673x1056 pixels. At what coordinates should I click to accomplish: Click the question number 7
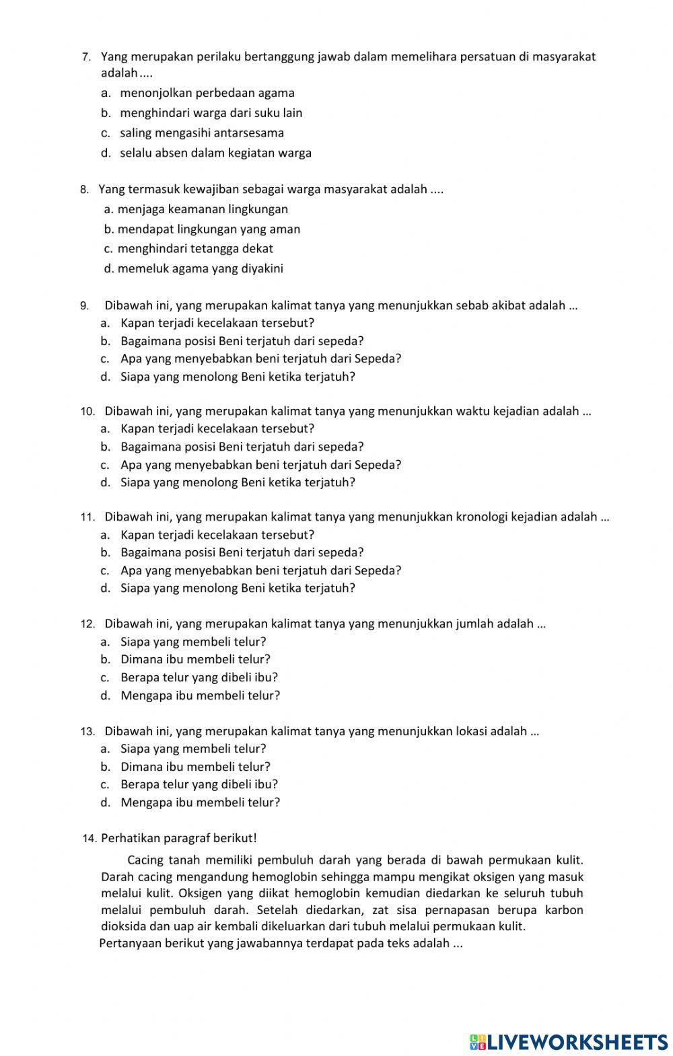pos(86,57)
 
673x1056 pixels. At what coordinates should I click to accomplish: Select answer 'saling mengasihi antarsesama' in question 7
pos(202,133)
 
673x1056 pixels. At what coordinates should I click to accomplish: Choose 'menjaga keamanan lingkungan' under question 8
pos(203,209)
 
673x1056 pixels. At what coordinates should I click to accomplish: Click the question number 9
pos(85,306)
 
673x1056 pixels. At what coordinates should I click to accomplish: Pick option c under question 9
pos(260,359)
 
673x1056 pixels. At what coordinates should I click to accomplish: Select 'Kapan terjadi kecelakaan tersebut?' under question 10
pos(217,428)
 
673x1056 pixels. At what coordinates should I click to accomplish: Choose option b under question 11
pos(242,553)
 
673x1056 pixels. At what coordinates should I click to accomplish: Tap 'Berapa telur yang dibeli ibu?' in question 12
pos(199,677)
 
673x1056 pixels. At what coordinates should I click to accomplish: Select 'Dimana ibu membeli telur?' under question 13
pos(195,767)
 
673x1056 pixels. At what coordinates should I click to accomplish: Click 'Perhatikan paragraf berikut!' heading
pos(179,838)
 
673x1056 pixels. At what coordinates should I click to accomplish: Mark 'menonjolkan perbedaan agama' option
pos(207,93)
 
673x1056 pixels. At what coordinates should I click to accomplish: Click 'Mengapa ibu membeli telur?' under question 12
pos(200,695)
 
